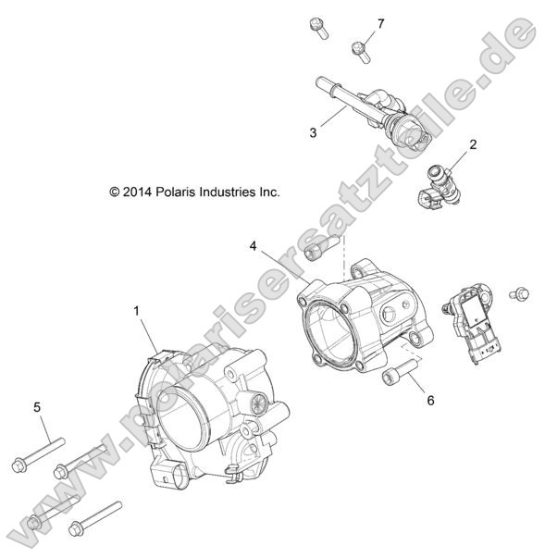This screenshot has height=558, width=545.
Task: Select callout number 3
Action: [x=314, y=132]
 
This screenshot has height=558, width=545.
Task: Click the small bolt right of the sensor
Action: [x=520, y=294]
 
